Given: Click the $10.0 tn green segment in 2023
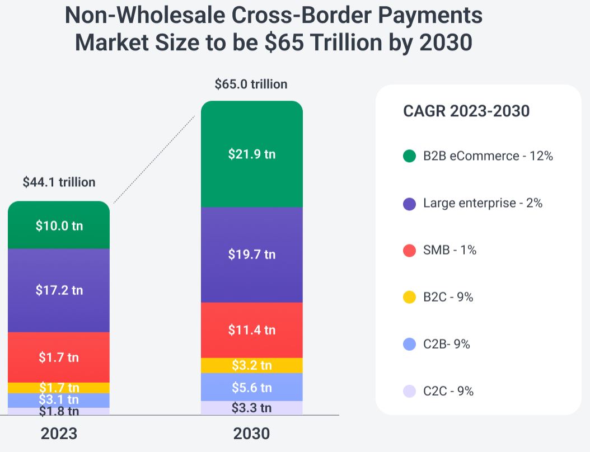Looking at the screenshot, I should click(59, 225).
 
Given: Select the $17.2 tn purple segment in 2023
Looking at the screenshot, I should click(59, 290).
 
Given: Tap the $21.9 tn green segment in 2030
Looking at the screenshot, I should click(251, 154).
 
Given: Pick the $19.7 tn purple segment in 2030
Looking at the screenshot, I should click(251, 255).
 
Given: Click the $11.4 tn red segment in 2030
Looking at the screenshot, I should click(251, 329).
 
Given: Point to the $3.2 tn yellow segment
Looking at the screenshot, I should click(251, 365).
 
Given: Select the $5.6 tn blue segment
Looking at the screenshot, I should click(251, 387).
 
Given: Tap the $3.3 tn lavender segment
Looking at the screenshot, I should click(251, 408).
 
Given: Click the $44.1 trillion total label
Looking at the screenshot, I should click(59, 182).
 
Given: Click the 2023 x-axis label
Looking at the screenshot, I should click(59, 434).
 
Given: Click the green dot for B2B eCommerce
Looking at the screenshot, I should click(410, 156).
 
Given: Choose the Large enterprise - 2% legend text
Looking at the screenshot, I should click(483, 203).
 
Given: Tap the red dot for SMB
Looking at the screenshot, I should click(410, 250).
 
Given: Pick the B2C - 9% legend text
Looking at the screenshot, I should click(448, 297).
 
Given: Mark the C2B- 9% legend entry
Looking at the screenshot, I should click(446, 344).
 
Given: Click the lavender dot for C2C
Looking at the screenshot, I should click(410, 391).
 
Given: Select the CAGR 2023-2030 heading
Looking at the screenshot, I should click(466, 111).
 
